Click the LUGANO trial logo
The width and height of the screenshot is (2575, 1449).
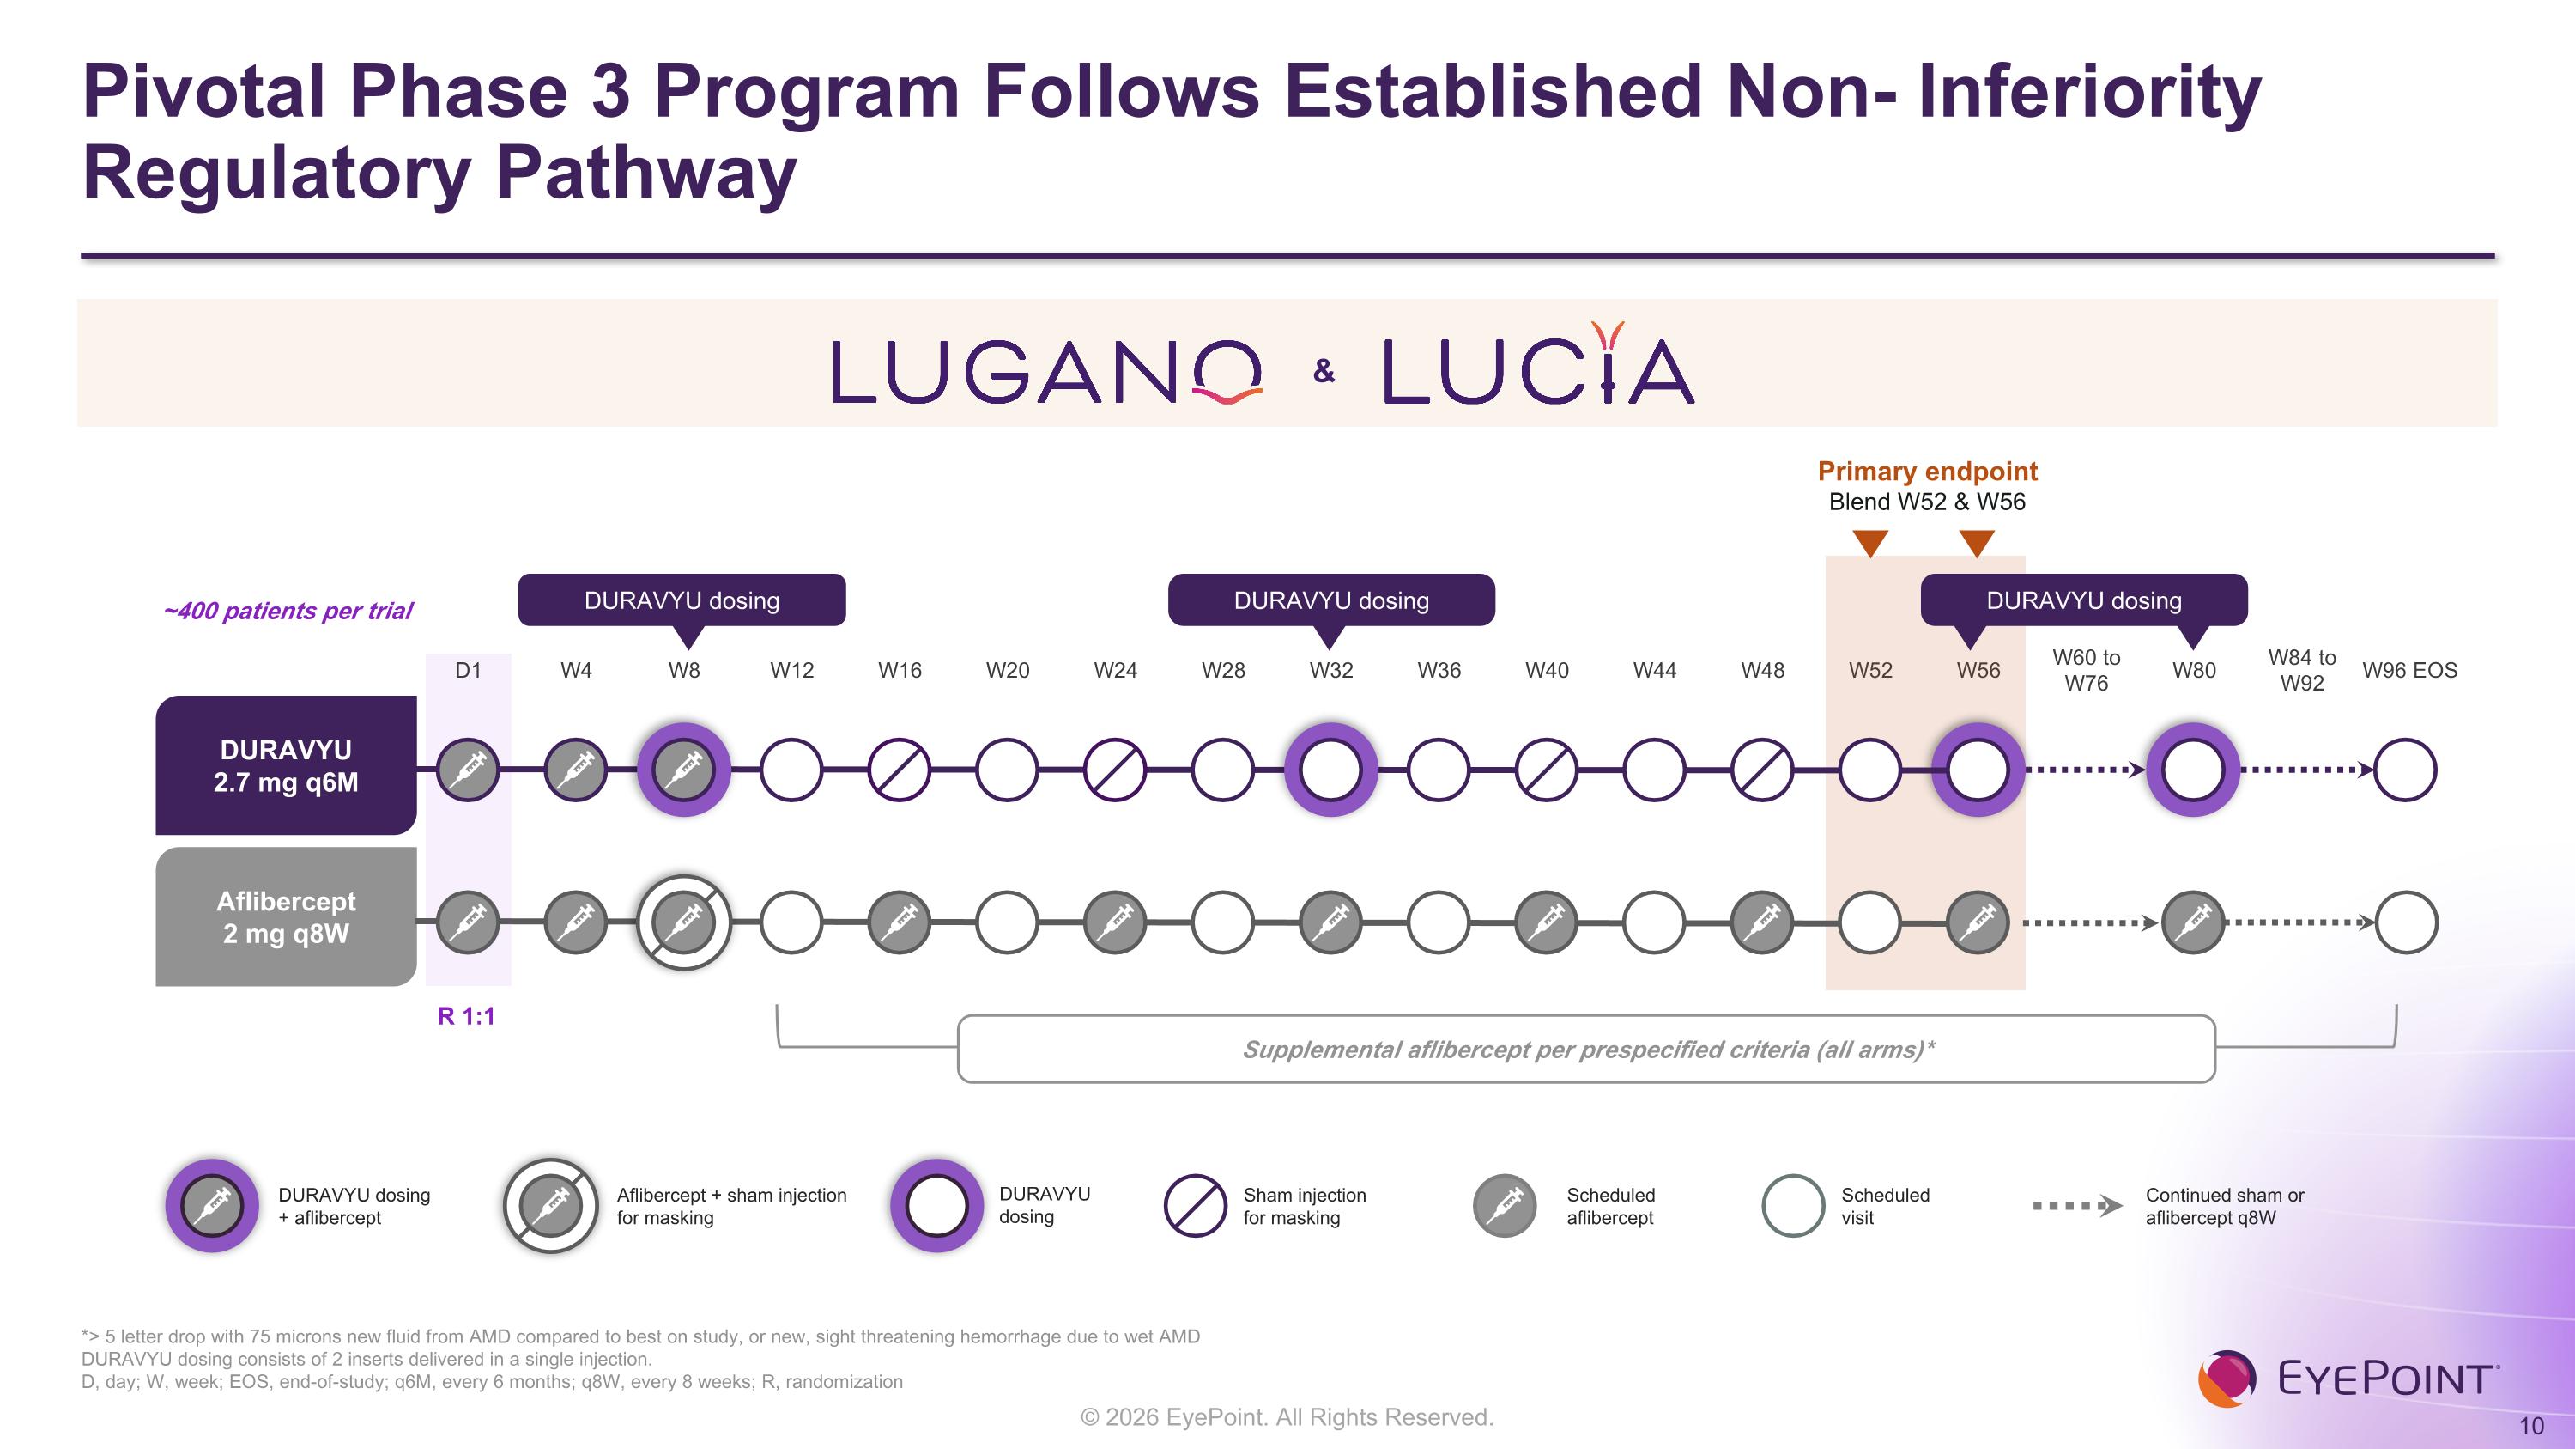coord(1047,372)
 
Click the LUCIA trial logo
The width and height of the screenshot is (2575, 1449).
coord(1538,363)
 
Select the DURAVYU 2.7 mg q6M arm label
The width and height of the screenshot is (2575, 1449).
coord(286,766)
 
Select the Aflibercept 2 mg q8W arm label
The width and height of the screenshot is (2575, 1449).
coord(286,917)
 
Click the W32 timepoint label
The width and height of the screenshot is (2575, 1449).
coord(1330,670)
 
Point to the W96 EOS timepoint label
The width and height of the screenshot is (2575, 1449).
coord(2409,670)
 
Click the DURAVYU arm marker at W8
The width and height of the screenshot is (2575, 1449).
coord(684,770)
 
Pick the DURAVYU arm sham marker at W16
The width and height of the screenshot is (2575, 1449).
coord(900,770)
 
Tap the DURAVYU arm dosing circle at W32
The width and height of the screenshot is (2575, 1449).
coord(1330,770)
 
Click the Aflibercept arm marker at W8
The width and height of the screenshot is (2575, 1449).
coord(684,922)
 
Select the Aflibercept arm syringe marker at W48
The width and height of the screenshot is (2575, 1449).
coord(1762,922)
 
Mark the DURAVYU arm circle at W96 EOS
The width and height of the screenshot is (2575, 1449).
coord(2405,770)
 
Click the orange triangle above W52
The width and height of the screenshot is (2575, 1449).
coord(1870,543)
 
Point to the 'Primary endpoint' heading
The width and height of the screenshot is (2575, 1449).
coord(1927,471)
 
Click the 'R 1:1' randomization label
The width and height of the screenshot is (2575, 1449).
coord(466,1016)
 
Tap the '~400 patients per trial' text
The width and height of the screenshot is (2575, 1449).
coord(288,611)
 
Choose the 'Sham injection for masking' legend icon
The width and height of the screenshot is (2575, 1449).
coord(1196,1205)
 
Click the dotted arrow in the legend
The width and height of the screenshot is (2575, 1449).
coord(2077,1205)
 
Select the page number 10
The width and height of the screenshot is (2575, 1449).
coord(2531,1426)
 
